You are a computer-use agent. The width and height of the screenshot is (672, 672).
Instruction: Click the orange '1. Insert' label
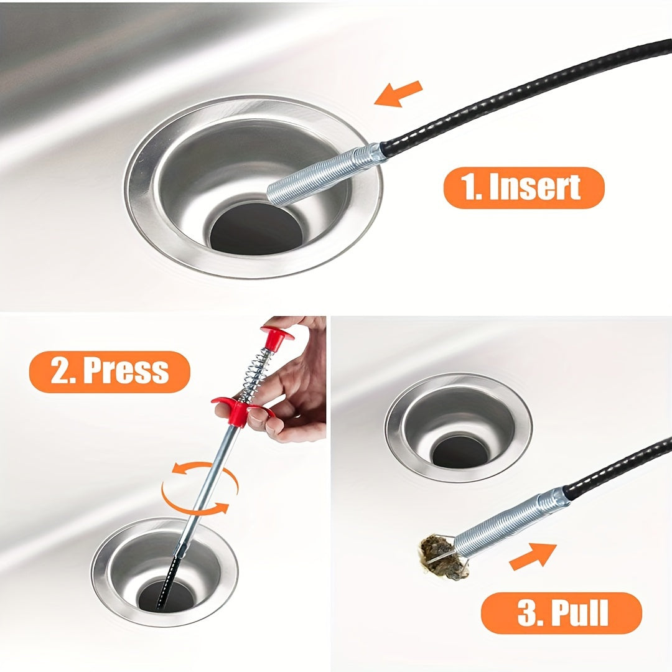click(523, 187)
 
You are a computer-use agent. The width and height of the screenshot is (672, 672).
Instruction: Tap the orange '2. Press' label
click(110, 371)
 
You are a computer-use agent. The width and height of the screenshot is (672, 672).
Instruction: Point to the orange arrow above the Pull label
click(532, 556)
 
